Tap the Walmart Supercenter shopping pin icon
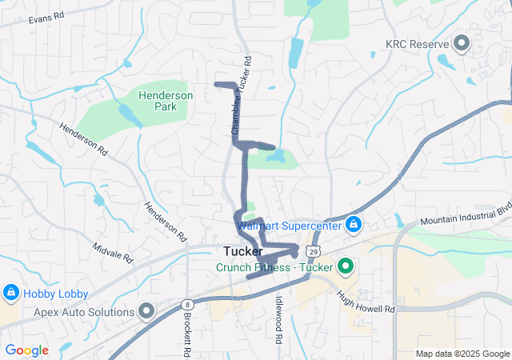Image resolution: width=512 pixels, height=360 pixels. click(354, 225)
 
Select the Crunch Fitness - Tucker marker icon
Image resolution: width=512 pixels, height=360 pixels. click(346, 266)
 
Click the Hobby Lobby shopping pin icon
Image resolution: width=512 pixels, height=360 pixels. click(11, 293)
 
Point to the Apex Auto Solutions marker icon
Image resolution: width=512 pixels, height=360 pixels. click(146, 310)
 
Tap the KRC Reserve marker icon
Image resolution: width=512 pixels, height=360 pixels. click(462, 42)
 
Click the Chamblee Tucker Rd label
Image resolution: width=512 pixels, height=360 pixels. click(238, 94)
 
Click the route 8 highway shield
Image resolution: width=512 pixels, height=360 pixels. click(186, 304)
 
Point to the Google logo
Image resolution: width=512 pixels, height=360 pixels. click(26, 350)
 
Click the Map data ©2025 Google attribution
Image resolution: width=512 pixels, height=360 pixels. click(462, 354)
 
